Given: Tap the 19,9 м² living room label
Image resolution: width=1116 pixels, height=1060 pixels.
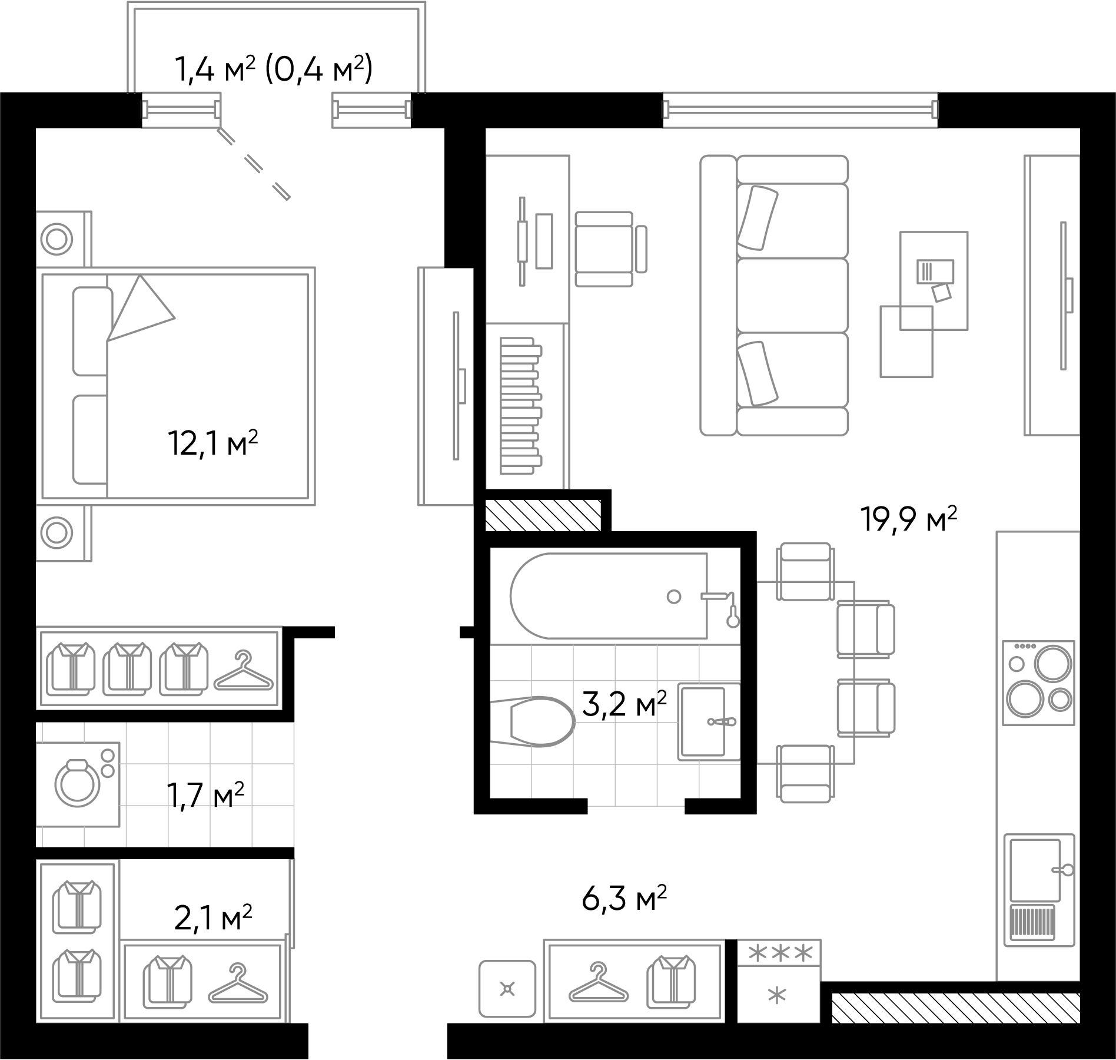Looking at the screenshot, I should (908, 519).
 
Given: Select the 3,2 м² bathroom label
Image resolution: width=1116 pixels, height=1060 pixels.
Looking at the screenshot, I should (624, 704).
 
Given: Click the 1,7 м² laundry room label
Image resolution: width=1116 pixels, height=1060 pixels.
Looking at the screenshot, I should (205, 795).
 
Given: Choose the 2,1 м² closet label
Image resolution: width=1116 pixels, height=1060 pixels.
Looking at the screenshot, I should (213, 919).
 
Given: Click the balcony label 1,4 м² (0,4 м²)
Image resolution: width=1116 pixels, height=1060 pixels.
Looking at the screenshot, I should (274, 69).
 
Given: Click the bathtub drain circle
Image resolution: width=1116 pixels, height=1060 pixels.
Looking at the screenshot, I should (674, 597).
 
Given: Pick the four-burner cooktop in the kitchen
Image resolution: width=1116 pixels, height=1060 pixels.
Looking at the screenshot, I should (1038, 683).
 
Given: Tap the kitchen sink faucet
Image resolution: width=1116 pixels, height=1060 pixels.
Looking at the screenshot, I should (1063, 869).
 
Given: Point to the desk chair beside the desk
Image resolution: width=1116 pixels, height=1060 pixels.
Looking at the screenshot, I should (609, 249).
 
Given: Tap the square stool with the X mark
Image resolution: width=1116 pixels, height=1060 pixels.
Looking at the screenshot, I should (507, 989).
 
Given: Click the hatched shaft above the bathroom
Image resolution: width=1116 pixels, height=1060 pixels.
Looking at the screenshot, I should (543, 515).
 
